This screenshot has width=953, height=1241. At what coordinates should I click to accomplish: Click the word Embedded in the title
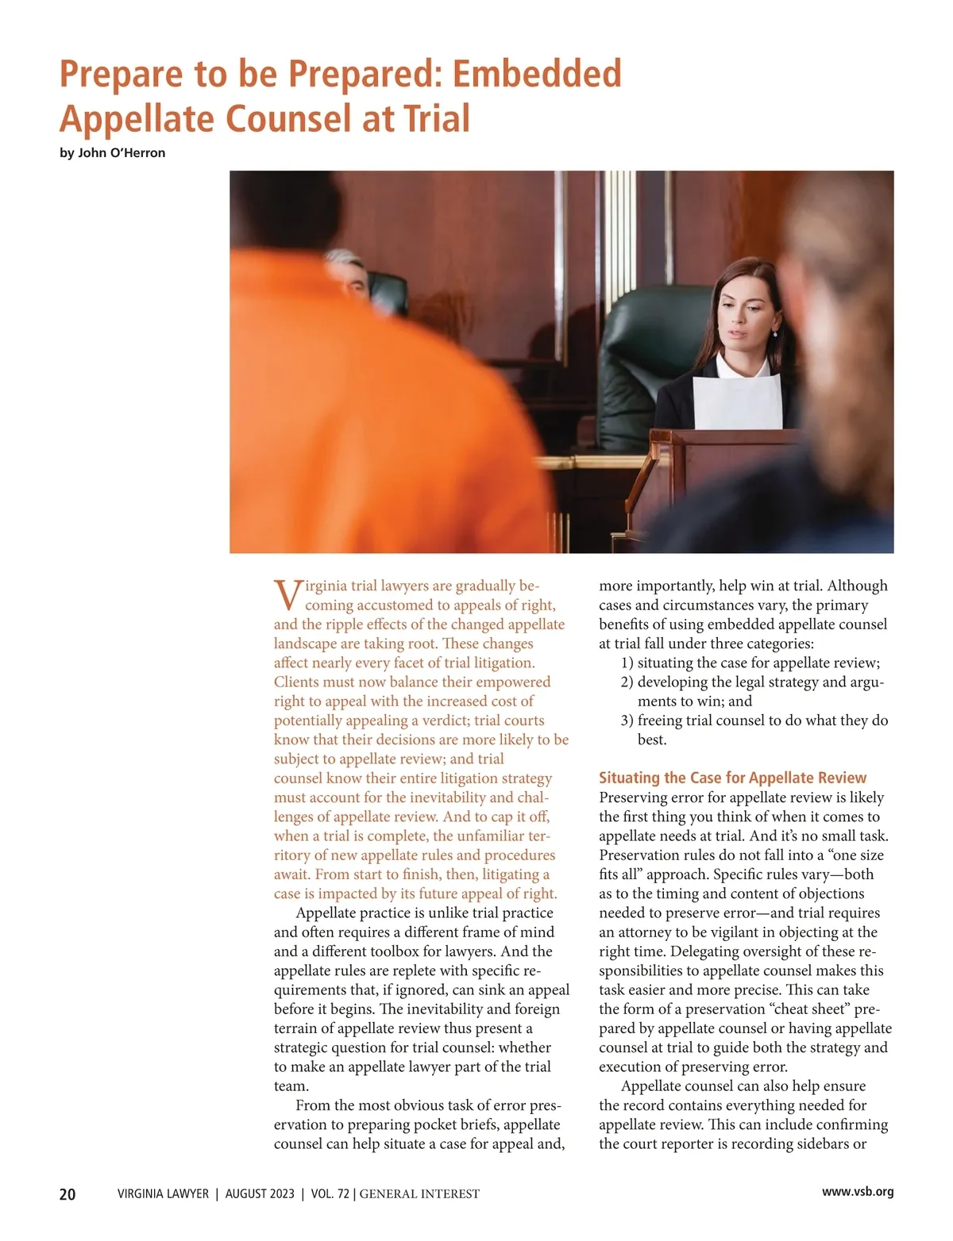[537, 74]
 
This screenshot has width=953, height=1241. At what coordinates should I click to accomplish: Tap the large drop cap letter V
[287, 594]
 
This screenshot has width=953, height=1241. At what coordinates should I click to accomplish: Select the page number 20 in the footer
[68, 1194]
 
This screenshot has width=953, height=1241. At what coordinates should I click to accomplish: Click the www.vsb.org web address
[858, 1192]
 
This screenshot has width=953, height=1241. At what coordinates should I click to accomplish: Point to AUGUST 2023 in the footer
[260, 1194]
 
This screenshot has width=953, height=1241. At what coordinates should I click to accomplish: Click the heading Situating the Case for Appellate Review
[732, 778]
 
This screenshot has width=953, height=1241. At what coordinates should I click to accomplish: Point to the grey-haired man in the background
[350, 274]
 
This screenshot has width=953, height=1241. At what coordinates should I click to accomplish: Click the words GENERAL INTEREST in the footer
[419, 1194]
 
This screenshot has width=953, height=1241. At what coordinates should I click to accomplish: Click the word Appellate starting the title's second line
[137, 119]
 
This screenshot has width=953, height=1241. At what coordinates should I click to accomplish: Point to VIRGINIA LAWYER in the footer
[163, 1194]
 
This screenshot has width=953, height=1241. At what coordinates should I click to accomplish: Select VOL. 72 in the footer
[330, 1194]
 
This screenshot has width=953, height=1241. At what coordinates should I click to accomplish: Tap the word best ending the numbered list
[652, 740]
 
